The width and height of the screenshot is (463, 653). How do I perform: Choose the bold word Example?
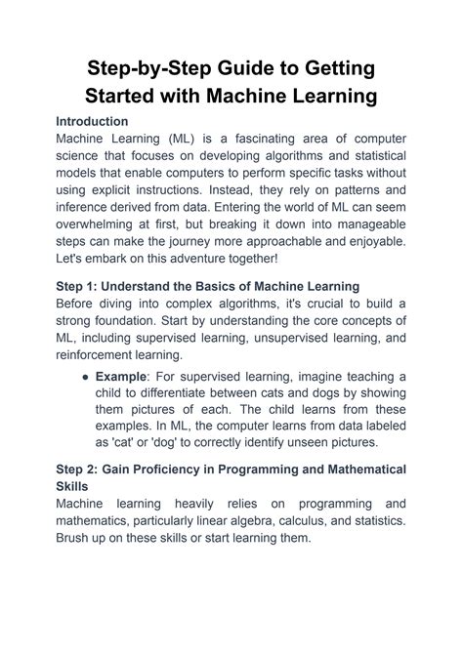tap(124, 377)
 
